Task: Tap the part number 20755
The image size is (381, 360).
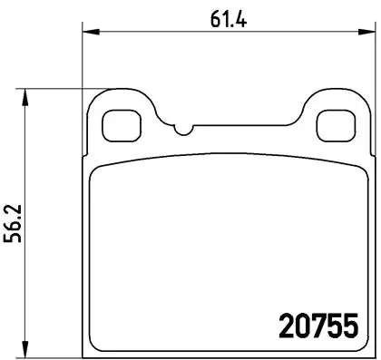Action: click(317, 325)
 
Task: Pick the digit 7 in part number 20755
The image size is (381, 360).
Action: click(317, 325)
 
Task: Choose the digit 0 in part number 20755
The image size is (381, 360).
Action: click(300, 325)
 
